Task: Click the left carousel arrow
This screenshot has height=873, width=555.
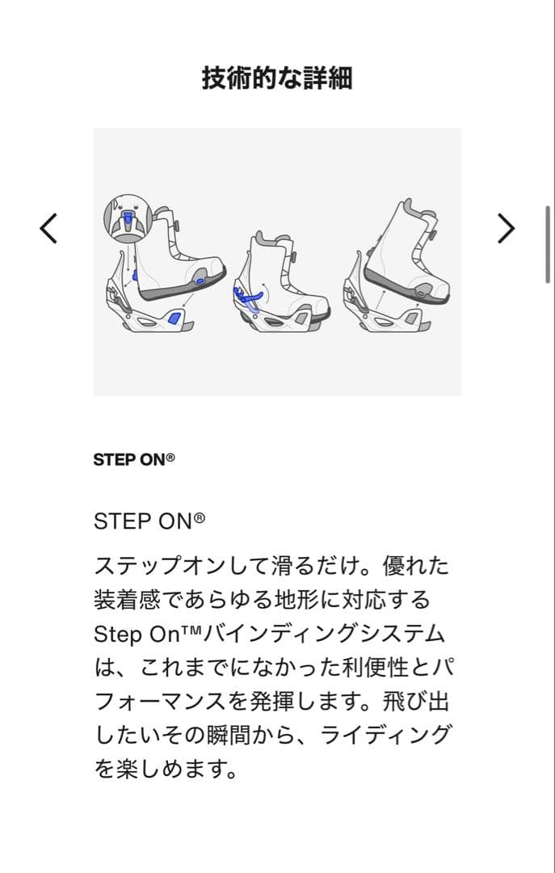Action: (x=48, y=229)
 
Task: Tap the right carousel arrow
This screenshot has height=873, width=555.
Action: (x=506, y=229)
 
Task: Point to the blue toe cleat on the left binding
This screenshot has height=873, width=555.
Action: (x=172, y=318)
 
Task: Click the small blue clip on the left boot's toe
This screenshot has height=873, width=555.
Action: (x=200, y=280)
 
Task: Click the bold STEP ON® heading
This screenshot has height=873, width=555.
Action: (x=134, y=460)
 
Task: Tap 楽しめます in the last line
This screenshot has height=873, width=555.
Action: (x=178, y=769)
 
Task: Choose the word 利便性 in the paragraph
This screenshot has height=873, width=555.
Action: (x=372, y=668)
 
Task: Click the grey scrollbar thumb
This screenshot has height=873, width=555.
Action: (x=549, y=244)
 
